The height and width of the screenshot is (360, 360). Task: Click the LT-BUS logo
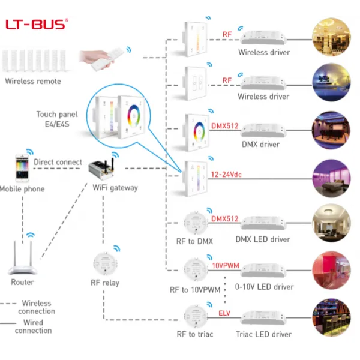(x=37, y=25)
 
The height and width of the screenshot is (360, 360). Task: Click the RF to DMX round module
(x=195, y=222)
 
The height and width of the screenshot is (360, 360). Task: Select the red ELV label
(x=224, y=313)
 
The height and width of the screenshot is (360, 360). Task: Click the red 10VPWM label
(x=225, y=265)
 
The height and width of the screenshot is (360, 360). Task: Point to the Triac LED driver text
(x=264, y=334)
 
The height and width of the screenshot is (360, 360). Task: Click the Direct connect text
(x=58, y=162)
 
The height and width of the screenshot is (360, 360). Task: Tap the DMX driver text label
(x=260, y=144)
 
